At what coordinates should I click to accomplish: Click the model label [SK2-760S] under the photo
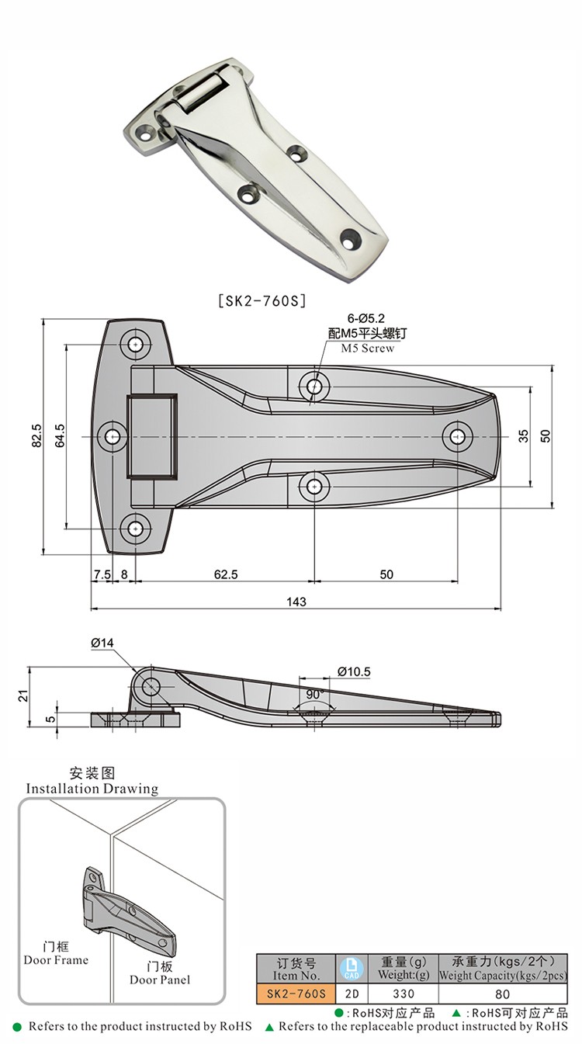point(260,299)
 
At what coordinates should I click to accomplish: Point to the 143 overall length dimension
point(296,602)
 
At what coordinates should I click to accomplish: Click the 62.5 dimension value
point(225,574)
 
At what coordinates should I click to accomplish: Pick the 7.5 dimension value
point(102,574)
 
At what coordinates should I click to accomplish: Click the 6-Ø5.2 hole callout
point(366,318)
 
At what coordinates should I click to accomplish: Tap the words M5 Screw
point(368,349)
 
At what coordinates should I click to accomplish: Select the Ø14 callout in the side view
point(102,643)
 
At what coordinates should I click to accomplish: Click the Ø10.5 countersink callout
point(354,671)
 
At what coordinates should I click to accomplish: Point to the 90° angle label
point(314,693)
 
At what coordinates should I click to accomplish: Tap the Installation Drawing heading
point(92,789)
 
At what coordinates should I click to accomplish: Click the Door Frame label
point(56,960)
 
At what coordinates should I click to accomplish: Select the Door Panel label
point(160,980)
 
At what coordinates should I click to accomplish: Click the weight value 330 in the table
point(404,994)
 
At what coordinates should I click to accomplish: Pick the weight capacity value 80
point(502,994)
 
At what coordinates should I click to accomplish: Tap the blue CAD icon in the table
point(350,969)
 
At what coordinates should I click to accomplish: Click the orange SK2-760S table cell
point(296,994)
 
